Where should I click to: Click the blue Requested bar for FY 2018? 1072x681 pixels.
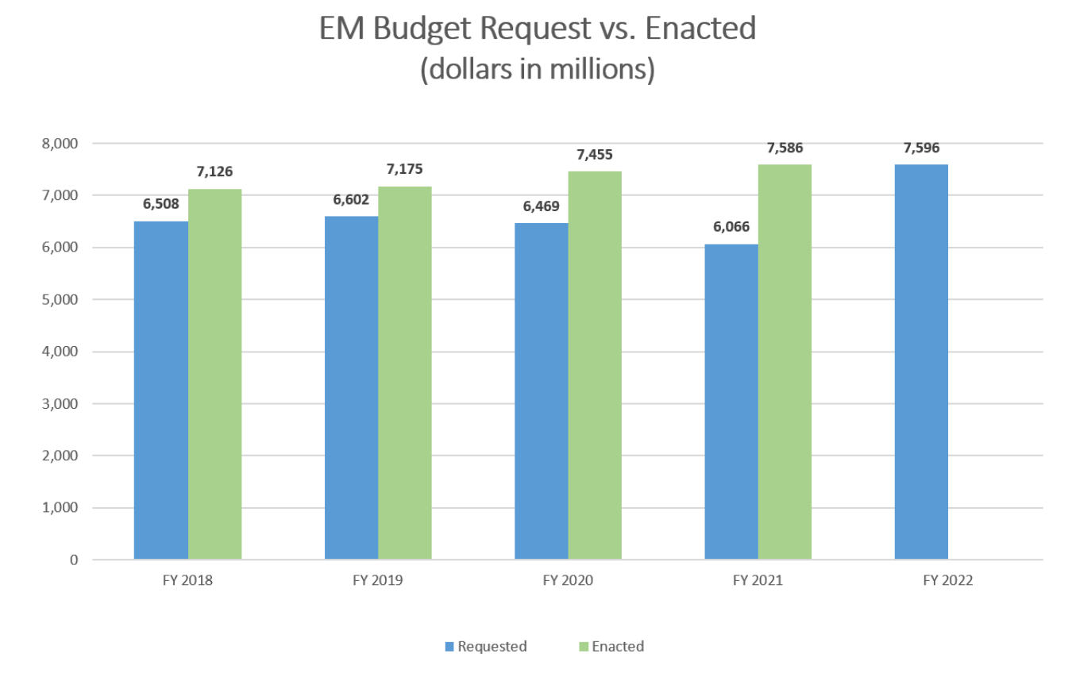(160, 390)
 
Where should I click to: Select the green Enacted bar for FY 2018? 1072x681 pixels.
(215, 374)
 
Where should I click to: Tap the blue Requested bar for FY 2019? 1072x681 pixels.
(351, 387)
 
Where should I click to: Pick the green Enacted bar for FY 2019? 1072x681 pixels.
(405, 373)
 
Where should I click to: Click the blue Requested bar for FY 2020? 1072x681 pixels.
(541, 391)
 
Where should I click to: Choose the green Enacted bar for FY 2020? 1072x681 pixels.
(595, 365)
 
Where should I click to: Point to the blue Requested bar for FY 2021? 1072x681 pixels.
(731, 402)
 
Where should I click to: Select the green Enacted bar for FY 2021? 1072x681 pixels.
(785, 362)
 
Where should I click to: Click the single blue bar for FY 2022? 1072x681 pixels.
(921, 362)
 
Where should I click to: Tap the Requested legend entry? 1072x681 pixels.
(485, 646)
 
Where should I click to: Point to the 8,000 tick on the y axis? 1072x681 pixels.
(62, 144)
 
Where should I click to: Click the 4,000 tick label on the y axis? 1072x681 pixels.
(62, 352)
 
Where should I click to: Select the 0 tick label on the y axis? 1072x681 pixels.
(74, 560)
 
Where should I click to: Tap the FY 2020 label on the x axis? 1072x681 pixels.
(568, 580)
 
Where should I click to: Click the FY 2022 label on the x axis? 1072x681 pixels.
(948, 580)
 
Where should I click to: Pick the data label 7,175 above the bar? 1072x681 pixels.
(404, 170)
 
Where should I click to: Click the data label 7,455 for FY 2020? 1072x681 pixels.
(595, 154)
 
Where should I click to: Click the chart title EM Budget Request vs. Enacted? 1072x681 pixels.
(537, 30)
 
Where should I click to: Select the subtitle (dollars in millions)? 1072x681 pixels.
(537, 70)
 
